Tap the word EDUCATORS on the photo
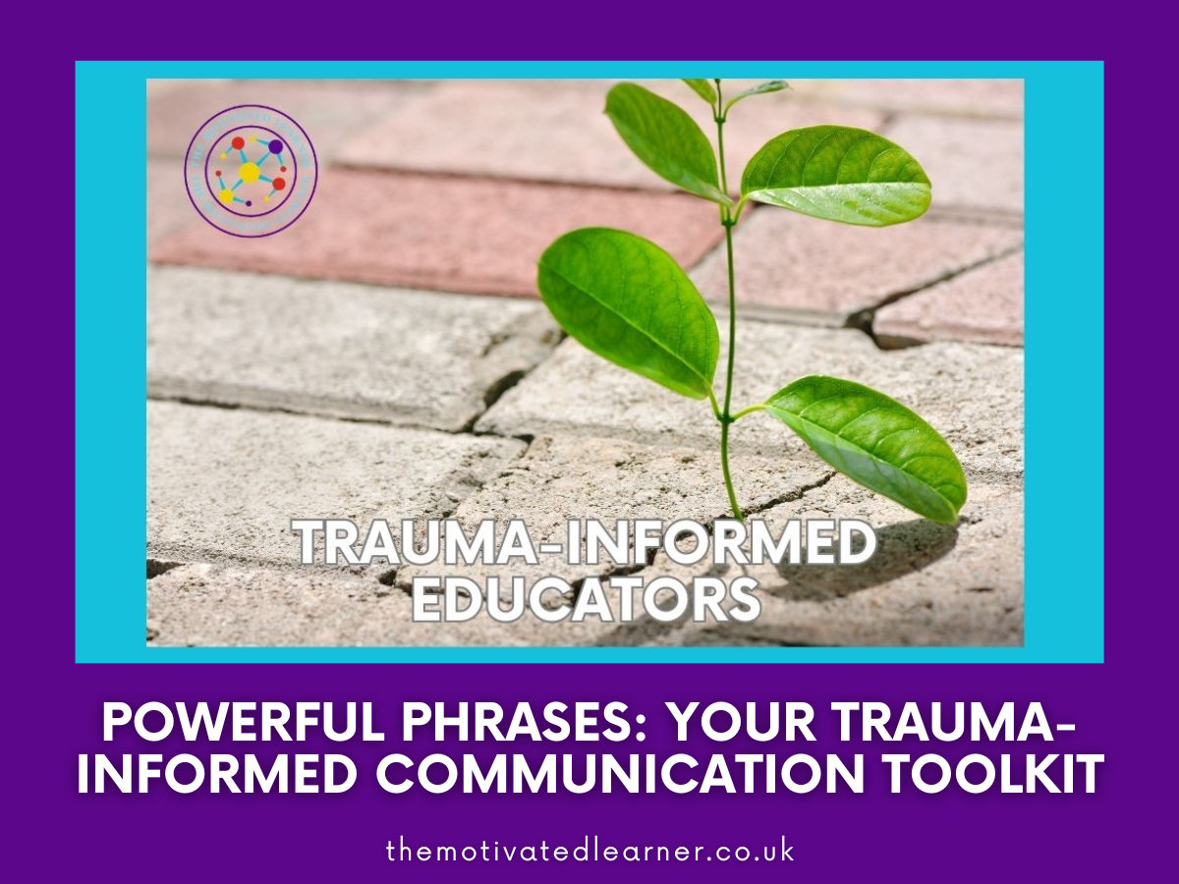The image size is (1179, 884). (586, 598)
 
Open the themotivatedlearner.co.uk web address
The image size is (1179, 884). (589, 851)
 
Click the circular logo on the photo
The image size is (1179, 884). (251, 172)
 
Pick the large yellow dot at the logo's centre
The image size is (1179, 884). (250, 173)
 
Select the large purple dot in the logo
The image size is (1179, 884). (275, 147)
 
